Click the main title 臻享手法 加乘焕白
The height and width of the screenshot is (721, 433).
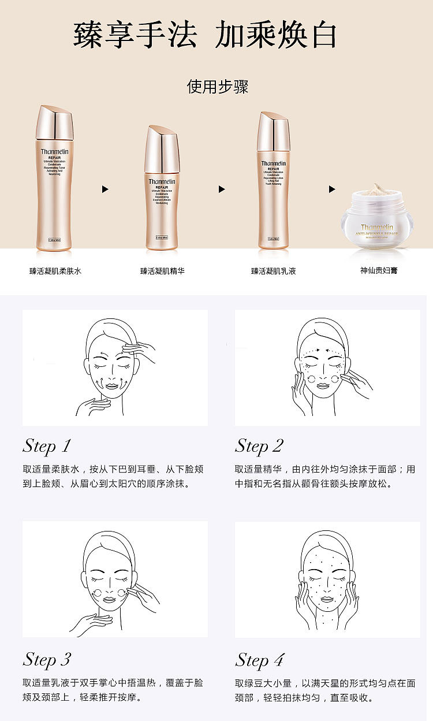tap(205, 36)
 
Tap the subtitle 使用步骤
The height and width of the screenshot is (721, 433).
tap(217, 87)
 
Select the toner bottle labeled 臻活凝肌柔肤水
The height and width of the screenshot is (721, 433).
tap(54, 179)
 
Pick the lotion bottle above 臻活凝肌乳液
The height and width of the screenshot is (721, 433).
tap(273, 182)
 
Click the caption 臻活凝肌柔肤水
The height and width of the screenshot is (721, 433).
tap(55, 271)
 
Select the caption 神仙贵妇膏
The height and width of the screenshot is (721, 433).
tap(378, 271)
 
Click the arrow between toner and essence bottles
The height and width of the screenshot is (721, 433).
tap(105, 189)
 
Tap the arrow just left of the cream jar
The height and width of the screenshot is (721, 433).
tap(332, 189)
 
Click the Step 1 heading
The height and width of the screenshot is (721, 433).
tap(47, 446)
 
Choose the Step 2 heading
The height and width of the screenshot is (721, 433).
tap(259, 446)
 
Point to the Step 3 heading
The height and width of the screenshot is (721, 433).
tap(47, 659)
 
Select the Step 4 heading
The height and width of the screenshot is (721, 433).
tap(259, 659)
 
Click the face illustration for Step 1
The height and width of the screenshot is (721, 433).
tap(115, 367)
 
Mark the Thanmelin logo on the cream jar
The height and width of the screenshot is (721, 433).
tap(377, 228)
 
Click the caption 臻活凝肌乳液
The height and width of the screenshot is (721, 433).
tap(273, 271)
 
